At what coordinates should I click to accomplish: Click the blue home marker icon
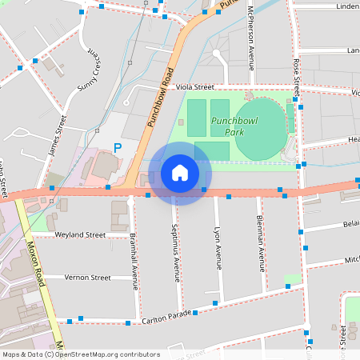(x=179, y=173)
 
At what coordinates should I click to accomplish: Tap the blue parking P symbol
(x=118, y=148)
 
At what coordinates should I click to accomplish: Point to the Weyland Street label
(x=80, y=235)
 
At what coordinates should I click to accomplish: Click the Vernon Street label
(x=87, y=278)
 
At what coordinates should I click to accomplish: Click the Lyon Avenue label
(x=217, y=247)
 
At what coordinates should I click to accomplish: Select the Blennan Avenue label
(x=260, y=242)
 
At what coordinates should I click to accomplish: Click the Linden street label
(x=347, y=6)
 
